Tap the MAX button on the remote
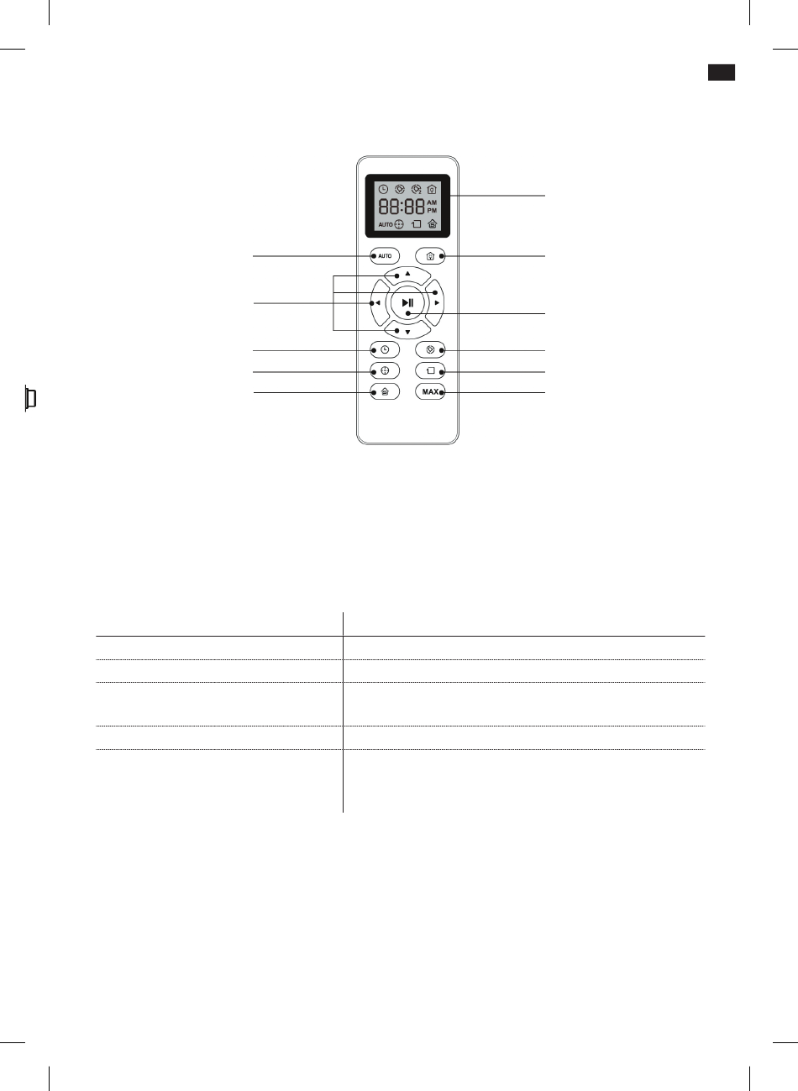(x=430, y=391)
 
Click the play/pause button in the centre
(x=407, y=303)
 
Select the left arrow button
(x=379, y=303)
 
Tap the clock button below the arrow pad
(x=385, y=349)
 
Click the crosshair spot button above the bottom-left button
(x=385, y=370)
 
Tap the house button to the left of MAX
(x=385, y=391)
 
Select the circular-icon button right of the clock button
(x=430, y=349)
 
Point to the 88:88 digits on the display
(x=402, y=207)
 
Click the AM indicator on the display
(x=432, y=202)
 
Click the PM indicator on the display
(x=432, y=211)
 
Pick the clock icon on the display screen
(x=383, y=189)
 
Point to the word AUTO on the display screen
(x=386, y=224)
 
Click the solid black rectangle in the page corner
(x=722, y=72)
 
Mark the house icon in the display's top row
(x=432, y=189)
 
